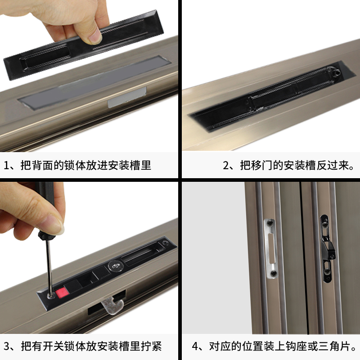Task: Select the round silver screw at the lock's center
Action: click(115, 266)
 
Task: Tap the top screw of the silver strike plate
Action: click(270, 223)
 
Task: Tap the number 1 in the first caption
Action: click(8, 165)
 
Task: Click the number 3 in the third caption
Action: click(8, 346)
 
